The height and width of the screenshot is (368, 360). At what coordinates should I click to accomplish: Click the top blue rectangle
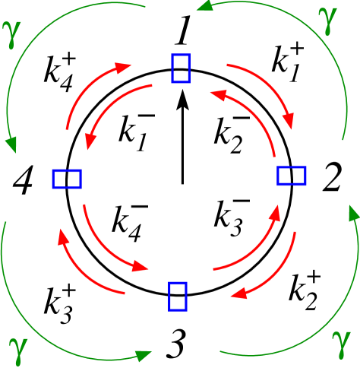point(181,68)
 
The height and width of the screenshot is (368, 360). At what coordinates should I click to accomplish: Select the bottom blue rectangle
point(178,296)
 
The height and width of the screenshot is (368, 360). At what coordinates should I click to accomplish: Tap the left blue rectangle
point(67,179)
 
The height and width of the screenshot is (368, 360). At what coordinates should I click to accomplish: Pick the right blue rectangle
point(292,176)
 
